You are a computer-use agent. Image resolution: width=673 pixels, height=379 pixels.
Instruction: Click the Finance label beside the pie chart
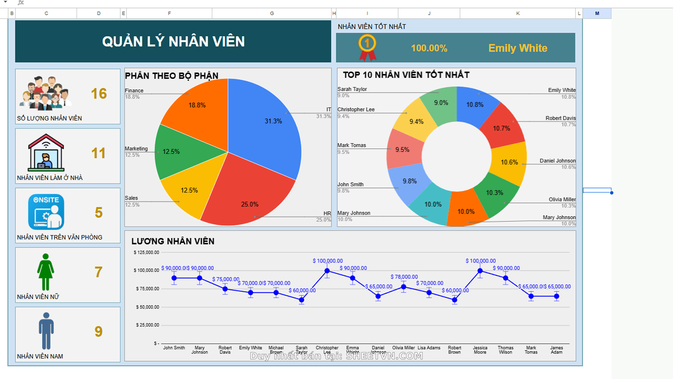[x=134, y=91]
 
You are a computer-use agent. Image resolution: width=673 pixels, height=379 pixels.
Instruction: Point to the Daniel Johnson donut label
[x=557, y=161]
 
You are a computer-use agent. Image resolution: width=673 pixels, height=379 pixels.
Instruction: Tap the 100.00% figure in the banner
[x=429, y=48]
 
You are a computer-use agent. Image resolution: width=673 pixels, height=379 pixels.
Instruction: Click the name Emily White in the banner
[x=518, y=48]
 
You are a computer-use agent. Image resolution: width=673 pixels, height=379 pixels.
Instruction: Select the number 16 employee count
[x=98, y=94]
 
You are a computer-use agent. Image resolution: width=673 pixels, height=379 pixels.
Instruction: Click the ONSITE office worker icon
[x=46, y=212]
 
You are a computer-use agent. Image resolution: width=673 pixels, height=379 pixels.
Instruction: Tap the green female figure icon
[x=46, y=272]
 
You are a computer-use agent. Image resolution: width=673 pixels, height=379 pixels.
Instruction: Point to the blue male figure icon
[x=46, y=331]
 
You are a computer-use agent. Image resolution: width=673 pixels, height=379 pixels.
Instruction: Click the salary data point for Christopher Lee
[x=327, y=271]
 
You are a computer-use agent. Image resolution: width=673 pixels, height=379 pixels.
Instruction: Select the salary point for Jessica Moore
[x=480, y=271]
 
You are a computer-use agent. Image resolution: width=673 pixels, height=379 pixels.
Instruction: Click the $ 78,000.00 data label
[x=404, y=277]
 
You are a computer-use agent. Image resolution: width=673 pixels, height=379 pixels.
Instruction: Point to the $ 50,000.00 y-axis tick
[x=148, y=307]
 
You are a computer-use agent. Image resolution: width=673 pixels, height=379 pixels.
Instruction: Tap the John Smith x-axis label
[x=174, y=348]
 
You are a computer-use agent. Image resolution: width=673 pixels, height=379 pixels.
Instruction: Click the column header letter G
[x=272, y=13]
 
